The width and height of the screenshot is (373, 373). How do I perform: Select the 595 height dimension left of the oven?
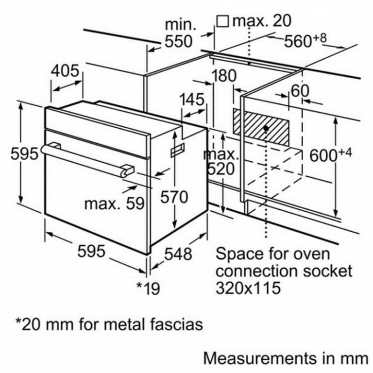(24, 154)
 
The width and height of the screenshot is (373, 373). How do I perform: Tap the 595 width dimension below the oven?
(91, 252)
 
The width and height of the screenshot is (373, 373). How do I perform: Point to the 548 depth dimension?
(178, 253)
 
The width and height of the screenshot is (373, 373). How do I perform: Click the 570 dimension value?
(174, 197)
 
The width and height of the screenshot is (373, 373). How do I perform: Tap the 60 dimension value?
(300, 90)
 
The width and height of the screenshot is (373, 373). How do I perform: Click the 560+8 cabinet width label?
(305, 41)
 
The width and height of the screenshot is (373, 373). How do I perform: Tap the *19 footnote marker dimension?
(148, 288)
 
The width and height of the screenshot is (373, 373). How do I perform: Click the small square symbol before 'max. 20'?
(222, 21)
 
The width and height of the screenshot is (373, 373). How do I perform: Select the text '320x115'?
(248, 288)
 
